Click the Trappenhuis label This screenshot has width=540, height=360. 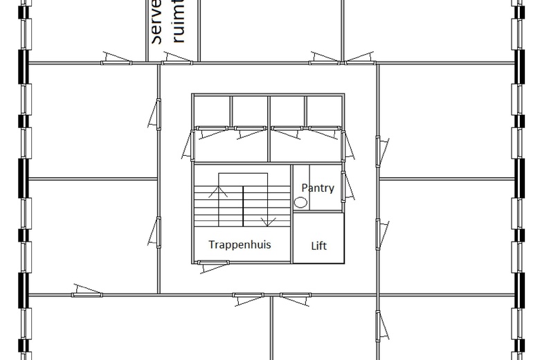pyautogui.click(x=240, y=244)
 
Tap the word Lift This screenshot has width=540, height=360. pyautogui.click(x=318, y=246)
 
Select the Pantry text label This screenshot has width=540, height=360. pyautogui.click(x=318, y=188)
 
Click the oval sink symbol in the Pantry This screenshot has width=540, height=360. pyautogui.click(x=301, y=203)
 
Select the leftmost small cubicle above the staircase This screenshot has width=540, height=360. pyautogui.click(x=211, y=111)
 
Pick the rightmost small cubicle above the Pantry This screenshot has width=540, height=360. pyautogui.click(x=324, y=111)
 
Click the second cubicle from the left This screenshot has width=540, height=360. pyautogui.click(x=249, y=111)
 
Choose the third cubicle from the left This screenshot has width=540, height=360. pyautogui.click(x=287, y=111)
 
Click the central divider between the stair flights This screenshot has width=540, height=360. pyautogui.click(x=242, y=206)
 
